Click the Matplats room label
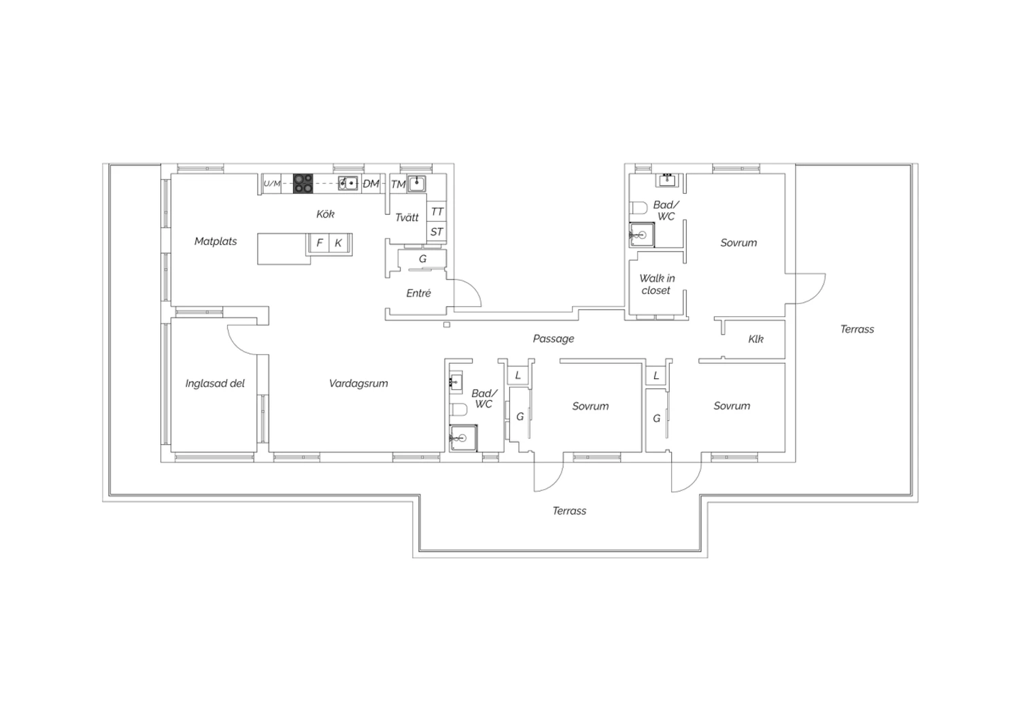pyautogui.click(x=216, y=241)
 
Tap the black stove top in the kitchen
pyautogui.click(x=303, y=184)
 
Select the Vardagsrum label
pyautogui.click(x=358, y=384)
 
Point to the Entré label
pyautogui.click(x=418, y=293)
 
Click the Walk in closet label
pyautogui.click(x=657, y=284)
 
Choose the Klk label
pyautogui.click(x=756, y=339)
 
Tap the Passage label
pyautogui.click(x=554, y=339)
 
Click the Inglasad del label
pyautogui.click(x=215, y=384)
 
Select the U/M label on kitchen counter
pyautogui.click(x=272, y=184)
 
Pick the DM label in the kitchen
pyautogui.click(x=371, y=184)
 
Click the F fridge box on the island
pyautogui.click(x=320, y=243)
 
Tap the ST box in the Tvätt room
pyautogui.click(x=437, y=232)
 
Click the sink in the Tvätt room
pyautogui.click(x=416, y=184)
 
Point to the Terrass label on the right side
pyautogui.click(x=857, y=329)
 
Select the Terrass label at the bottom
pyautogui.click(x=569, y=511)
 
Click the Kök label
pyautogui.click(x=325, y=214)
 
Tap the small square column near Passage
pyautogui.click(x=447, y=324)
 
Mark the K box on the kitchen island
pyautogui.click(x=339, y=243)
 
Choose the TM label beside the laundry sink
pyautogui.click(x=398, y=184)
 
